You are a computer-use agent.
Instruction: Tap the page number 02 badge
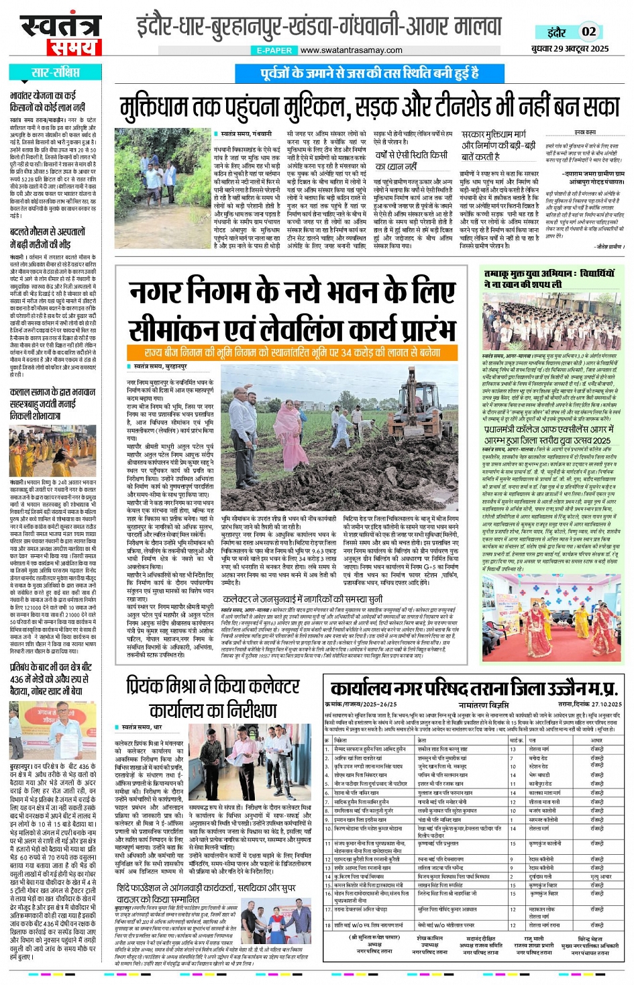click(x=588, y=31)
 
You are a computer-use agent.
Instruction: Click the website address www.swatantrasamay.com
click(x=351, y=50)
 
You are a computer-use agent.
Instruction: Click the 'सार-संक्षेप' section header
click(x=55, y=72)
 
